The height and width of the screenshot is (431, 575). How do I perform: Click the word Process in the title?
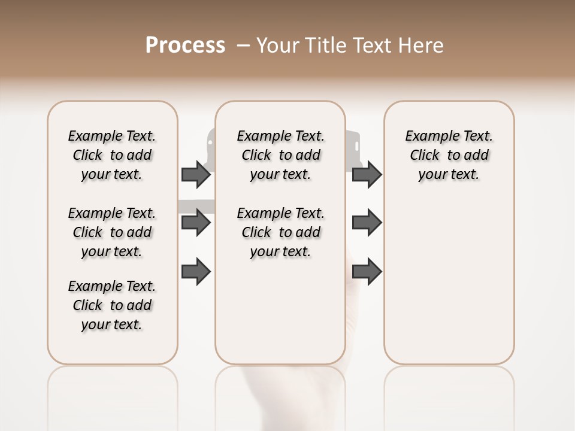185,45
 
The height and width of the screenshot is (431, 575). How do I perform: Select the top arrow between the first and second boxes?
196,175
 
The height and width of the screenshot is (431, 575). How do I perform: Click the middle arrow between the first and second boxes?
196,223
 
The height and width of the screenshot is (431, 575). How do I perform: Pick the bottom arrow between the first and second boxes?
196,272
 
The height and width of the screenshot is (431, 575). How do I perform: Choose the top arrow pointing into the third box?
367,175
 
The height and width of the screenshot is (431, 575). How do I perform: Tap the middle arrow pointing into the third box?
367,223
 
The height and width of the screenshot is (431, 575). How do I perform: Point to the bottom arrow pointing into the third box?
367,272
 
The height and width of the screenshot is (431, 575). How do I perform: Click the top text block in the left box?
112,155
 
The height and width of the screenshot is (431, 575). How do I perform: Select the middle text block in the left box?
112,232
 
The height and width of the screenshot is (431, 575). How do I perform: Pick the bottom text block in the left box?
112,305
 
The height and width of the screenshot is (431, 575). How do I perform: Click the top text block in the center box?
280,155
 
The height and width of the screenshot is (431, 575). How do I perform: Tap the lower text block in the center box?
280,232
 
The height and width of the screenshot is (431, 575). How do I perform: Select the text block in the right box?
449,155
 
